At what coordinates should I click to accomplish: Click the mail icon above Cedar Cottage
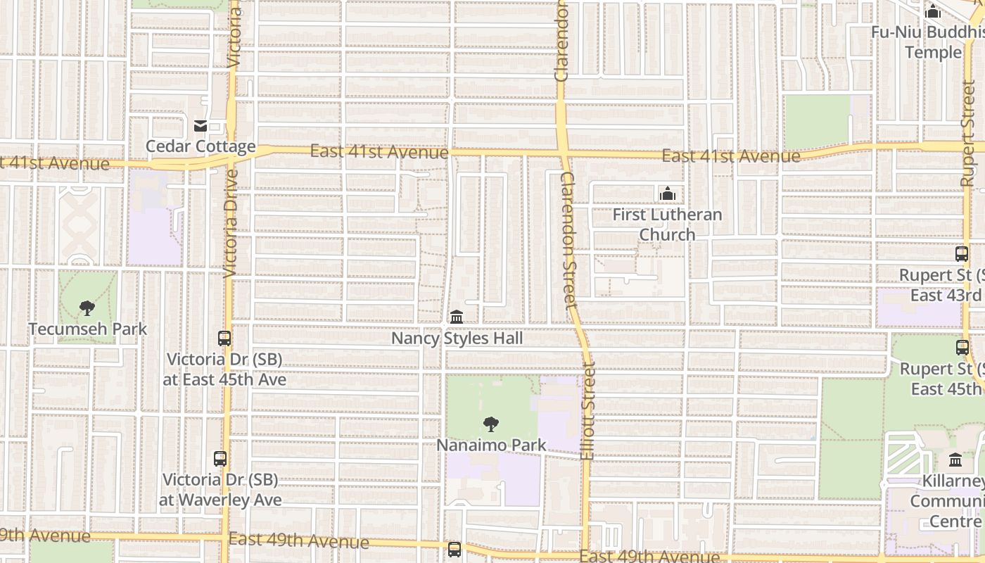tap(201, 126)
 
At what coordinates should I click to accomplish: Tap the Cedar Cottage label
tap(201, 146)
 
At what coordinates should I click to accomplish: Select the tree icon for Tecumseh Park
tap(87, 308)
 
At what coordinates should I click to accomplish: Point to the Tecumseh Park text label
tap(88, 329)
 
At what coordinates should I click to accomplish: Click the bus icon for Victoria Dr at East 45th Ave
tap(224, 339)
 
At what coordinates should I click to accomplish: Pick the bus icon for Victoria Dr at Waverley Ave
tap(220, 459)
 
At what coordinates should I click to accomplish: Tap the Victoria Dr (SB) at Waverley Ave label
tap(220, 490)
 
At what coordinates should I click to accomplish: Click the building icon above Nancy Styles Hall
tap(457, 317)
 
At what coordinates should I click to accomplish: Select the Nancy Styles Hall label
tap(457, 339)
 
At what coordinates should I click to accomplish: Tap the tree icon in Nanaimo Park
tap(491, 424)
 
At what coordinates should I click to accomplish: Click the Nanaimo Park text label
tap(491, 445)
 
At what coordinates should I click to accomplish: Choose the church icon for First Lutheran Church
tap(667, 194)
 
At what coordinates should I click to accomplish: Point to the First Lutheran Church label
tap(667, 224)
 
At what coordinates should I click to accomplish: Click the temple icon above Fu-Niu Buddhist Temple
tap(933, 11)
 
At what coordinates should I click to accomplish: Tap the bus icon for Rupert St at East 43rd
tap(962, 254)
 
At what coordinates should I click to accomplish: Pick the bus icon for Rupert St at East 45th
tap(962, 347)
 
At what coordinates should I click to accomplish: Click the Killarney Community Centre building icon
tap(955, 460)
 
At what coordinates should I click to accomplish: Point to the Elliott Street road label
tap(589, 411)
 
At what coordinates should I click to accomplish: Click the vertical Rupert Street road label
tap(969, 134)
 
